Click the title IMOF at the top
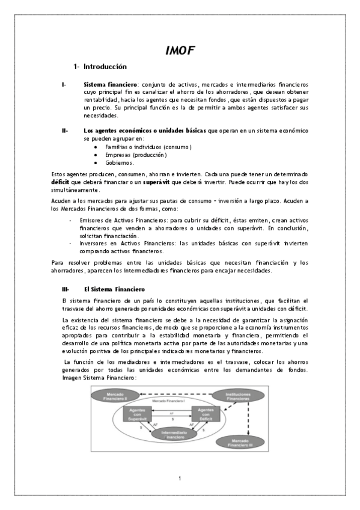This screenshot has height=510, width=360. coord(180,51)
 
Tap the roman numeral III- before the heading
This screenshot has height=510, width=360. coord(66,289)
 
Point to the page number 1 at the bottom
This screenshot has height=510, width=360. coord(180,478)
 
